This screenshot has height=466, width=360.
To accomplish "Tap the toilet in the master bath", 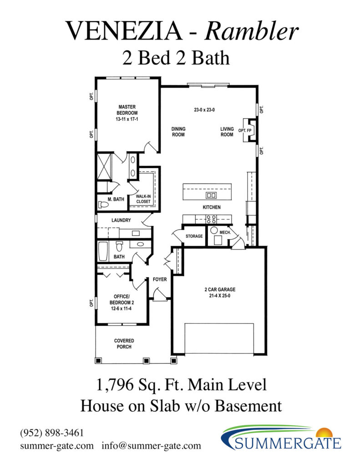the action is (x=103, y=205).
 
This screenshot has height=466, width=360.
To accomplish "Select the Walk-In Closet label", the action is (x=143, y=199).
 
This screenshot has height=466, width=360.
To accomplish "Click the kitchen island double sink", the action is (x=211, y=195).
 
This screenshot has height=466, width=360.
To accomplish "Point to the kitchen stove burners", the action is (x=211, y=219).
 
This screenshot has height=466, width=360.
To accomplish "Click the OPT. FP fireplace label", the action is (x=245, y=131).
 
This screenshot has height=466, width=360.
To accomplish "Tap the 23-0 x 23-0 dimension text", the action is (x=204, y=110).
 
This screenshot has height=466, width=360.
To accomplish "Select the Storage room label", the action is (x=194, y=236).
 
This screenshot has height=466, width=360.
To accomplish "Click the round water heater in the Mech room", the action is (x=214, y=230).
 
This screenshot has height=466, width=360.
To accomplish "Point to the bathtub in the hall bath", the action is (x=103, y=251).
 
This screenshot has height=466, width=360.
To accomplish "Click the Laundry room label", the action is (x=121, y=220).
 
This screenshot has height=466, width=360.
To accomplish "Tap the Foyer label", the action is (x=160, y=279).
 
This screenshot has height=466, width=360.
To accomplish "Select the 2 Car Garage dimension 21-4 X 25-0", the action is (x=220, y=296).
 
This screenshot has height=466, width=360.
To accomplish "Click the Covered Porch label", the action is (x=124, y=344).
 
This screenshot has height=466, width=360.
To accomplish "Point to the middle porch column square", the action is (x=146, y=361).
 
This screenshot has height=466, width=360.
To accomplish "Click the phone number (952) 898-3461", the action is (x=52, y=433).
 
